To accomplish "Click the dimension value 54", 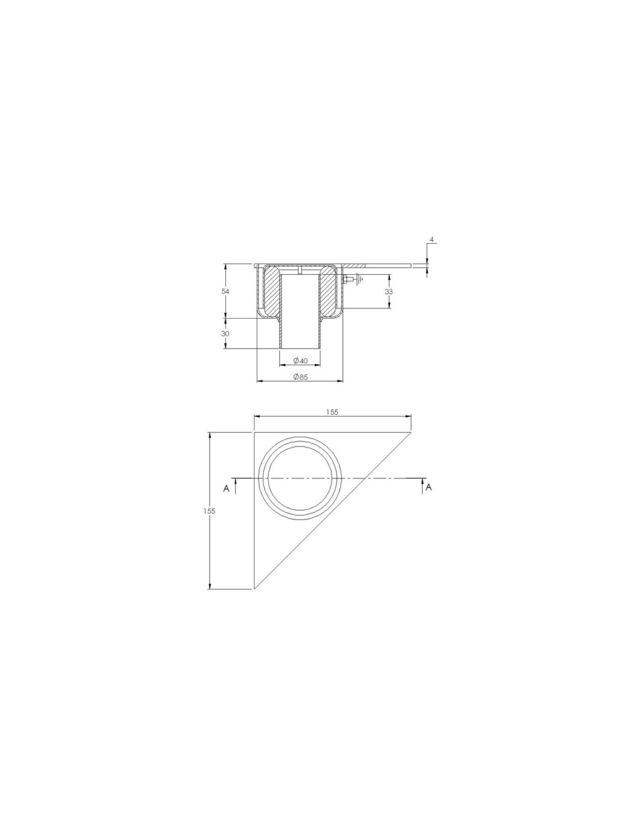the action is pos(225,291).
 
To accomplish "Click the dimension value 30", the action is pos(225,333).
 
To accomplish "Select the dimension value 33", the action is pos(389,291).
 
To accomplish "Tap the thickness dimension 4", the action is pos(431,240).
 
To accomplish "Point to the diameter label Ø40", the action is pos(300,361).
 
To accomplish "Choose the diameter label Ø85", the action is pos(300,377).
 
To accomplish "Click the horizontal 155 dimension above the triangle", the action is pos(332,412).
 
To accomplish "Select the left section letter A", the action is pos(227,489).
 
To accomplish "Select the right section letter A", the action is pos(429,487).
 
